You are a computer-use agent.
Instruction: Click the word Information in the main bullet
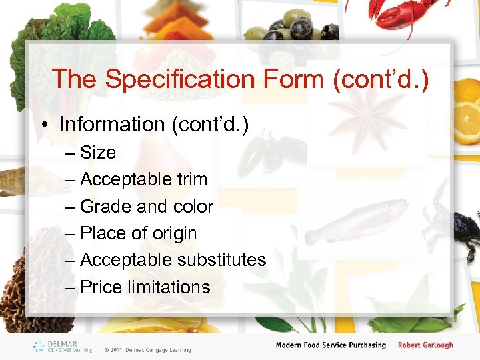(x=111, y=125)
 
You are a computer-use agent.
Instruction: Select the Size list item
(x=97, y=153)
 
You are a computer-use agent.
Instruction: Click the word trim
(x=191, y=179)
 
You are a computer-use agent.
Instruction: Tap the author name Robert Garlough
(x=425, y=345)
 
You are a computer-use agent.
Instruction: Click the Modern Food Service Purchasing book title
(x=331, y=345)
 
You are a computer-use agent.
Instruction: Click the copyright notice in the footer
(x=147, y=349)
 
